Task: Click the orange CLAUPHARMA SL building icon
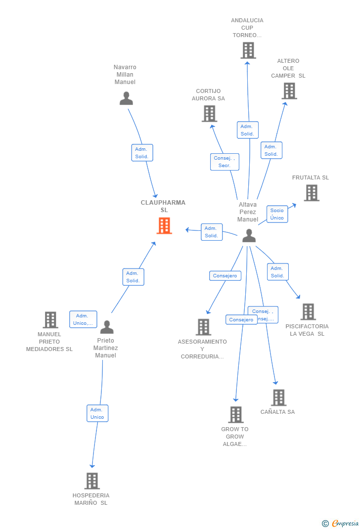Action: [164, 225]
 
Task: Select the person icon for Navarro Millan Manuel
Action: [126, 98]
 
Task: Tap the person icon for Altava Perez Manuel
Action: [249, 236]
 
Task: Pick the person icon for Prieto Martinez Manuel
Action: [107, 327]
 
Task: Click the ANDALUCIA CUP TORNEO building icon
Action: [248, 50]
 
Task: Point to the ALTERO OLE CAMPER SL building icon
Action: [289, 90]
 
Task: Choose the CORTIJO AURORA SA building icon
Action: [209, 113]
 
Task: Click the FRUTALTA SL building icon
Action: [311, 192]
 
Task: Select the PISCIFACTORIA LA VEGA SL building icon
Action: [308, 311]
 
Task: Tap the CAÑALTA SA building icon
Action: [278, 397]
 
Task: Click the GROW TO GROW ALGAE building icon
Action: [236, 414]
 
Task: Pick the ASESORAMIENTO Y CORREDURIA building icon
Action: [203, 327]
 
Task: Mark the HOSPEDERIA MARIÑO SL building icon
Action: [92, 481]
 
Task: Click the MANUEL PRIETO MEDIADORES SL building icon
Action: [50, 320]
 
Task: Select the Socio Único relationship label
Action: [277, 214]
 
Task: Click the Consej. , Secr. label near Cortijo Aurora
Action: [225, 162]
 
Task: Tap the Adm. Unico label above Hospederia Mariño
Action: [97, 413]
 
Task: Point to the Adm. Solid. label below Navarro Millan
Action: [142, 153]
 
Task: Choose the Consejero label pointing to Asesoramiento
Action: [225, 276]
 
